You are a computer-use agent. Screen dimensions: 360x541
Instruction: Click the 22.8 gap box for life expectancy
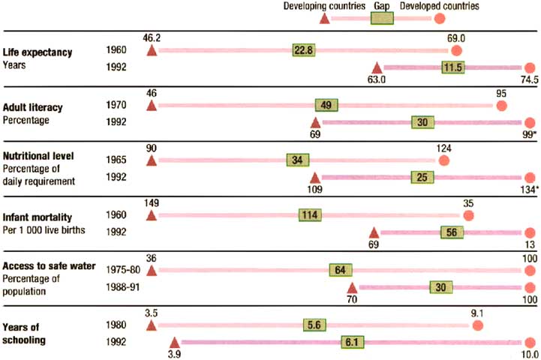pyautogui.click(x=305, y=50)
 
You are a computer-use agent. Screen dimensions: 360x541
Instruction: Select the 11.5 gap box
pyautogui.click(x=452, y=67)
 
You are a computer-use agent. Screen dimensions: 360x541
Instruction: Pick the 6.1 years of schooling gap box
pyautogui.click(x=352, y=342)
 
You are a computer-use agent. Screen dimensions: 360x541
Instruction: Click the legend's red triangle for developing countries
pyautogui.click(x=324, y=18)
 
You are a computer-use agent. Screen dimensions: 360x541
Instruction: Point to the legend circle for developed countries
pyautogui.click(x=440, y=18)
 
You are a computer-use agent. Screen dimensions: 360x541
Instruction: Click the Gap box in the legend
pyautogui.click(x=383, y=18)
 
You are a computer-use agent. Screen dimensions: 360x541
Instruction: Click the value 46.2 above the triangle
pyautogui.click(x=152, y=36)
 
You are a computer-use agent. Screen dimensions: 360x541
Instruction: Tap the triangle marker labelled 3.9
pyautogui.click(x=175, y=342)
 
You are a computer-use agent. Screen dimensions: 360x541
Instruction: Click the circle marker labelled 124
pyautogui.click(x=443, y=160)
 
